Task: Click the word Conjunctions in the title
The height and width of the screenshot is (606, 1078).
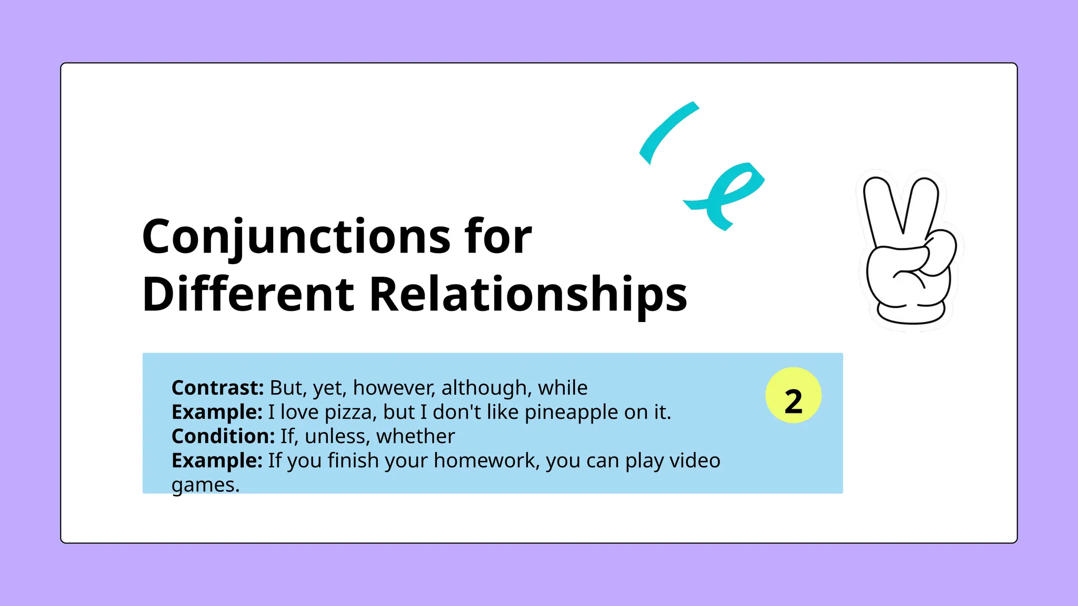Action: click(296, 237)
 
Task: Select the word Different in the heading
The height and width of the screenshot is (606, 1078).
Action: click(248, 294)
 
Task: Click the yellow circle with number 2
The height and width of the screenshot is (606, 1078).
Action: click(793, 396)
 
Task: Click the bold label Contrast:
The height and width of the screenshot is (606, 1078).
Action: click(217, 388)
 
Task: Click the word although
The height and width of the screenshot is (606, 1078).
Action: click(486, 389)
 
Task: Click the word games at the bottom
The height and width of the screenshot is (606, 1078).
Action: click(205, 485)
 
